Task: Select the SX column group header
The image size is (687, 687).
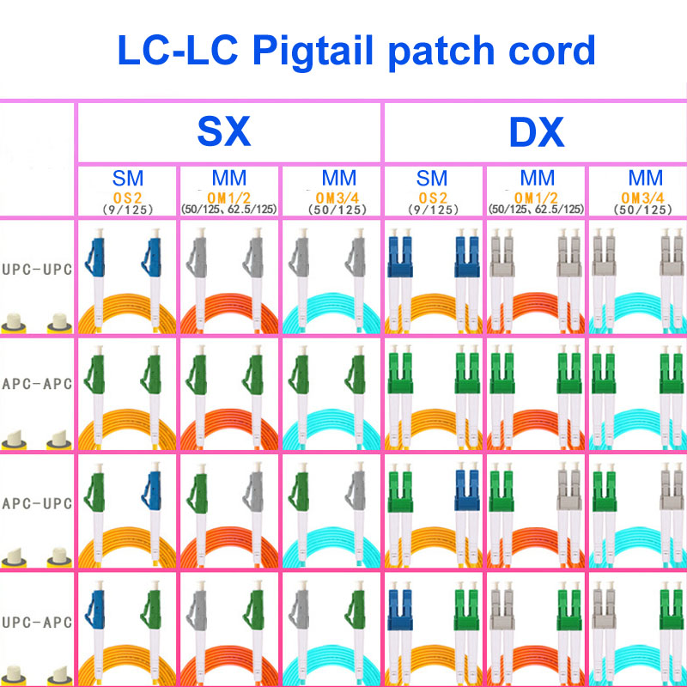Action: pos(224,131)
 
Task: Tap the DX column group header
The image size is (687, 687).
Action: pos(536,132)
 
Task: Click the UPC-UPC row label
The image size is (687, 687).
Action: pos(37,269)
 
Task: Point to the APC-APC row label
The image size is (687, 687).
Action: pos(37,384)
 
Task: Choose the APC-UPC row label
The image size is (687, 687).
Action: pos(37,503)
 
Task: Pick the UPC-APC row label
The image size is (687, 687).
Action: pos(37,622)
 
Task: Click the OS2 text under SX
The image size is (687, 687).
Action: pos(127,198)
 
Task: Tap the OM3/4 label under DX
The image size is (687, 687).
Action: pos(642,198)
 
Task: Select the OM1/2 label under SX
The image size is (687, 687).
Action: pos(228,198)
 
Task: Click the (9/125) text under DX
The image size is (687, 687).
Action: pos(433,210)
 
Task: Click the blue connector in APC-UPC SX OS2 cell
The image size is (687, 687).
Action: pos(152,491)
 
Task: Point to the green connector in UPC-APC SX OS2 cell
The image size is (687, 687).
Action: pos(152,609)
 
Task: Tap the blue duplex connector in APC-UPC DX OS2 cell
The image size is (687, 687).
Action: pos(467,489)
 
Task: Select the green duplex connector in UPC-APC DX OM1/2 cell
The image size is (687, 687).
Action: pos(569,608)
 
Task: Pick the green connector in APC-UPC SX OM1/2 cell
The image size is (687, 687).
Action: pos(198,491)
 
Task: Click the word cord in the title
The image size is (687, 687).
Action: pos(551,51)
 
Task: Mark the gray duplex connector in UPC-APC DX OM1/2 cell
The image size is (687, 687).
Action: pos(502,608)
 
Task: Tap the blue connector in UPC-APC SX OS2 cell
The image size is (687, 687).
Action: pos(95,609)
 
